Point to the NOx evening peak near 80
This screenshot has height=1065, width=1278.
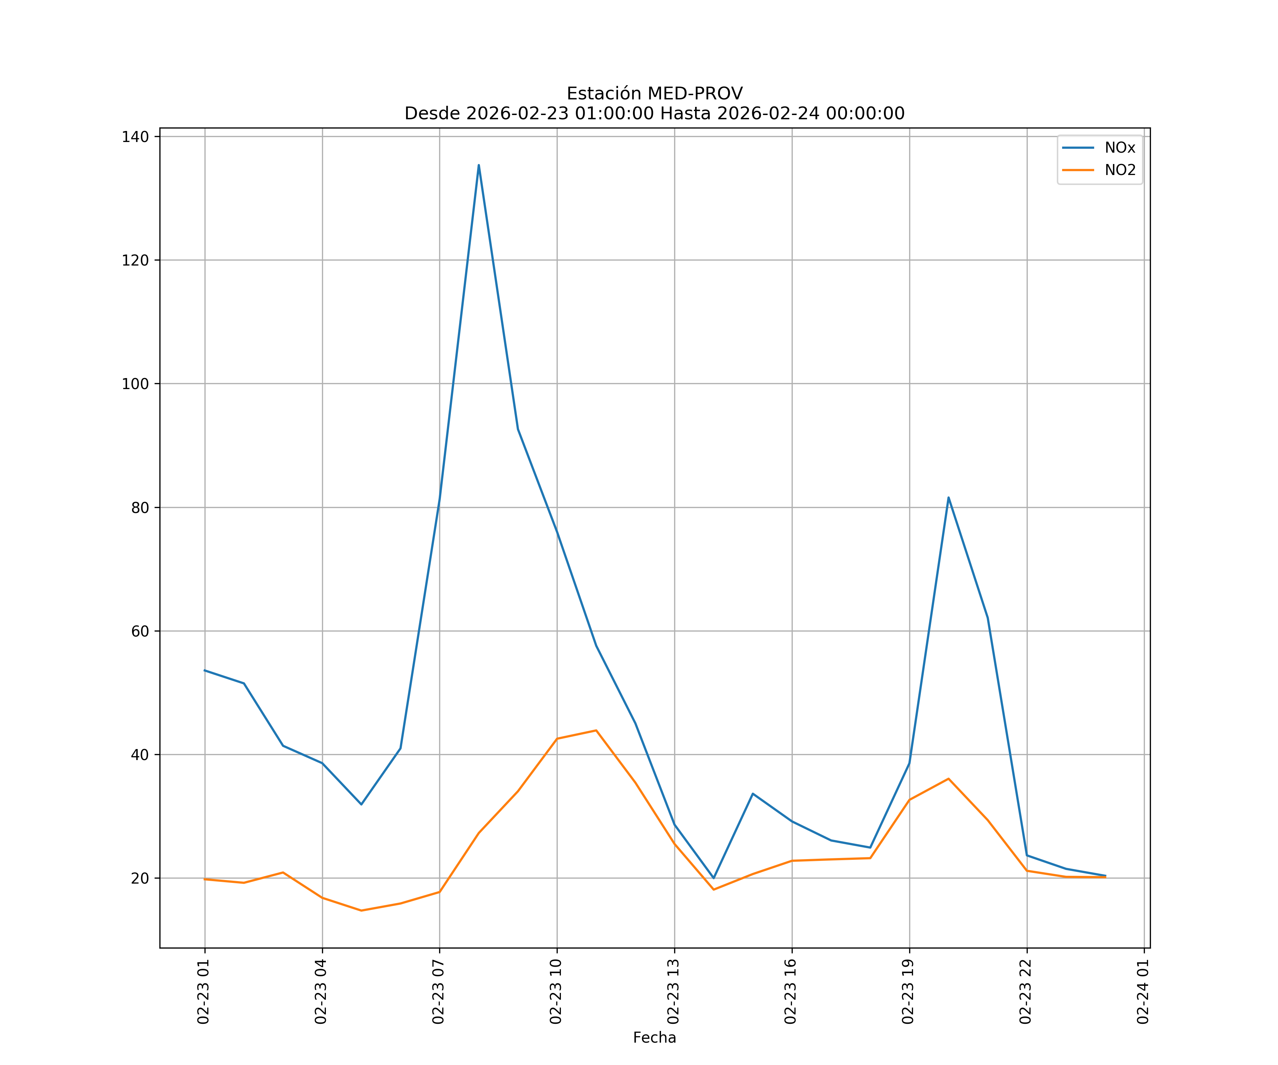tap(948, 498)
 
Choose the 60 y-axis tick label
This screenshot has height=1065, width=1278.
tap(140, 631)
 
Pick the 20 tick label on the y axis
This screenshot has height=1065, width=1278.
tap(140, 878)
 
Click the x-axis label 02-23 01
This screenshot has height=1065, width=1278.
tap(203, 992)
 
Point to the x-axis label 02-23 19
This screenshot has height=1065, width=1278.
tap(908, 992)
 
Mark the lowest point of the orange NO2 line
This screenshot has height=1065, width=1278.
tap(361, 911)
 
